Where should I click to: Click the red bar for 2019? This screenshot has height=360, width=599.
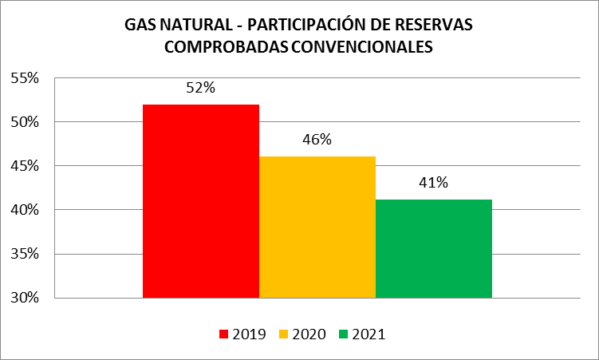(201, 201)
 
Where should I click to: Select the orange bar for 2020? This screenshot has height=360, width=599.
(317, 227)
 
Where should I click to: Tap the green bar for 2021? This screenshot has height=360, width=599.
(433, 248)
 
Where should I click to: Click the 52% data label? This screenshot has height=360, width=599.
(200, 88)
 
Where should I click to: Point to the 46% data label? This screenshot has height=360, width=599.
(317, 139)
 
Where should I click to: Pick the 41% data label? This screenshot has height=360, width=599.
(433, 183)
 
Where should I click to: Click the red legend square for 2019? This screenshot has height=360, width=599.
(223, 334)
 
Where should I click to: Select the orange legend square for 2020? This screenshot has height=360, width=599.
(283, 334)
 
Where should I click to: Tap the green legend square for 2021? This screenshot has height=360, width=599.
(343, 334)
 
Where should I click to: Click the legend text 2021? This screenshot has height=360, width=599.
(368, 334)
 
